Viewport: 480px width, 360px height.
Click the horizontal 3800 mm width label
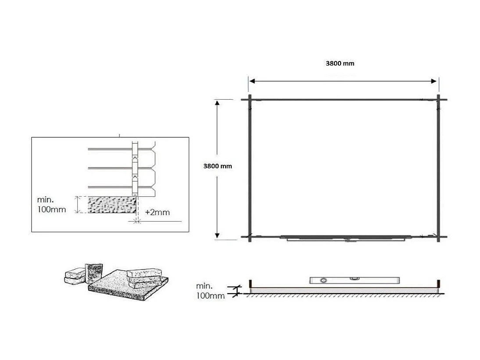pyautogui.click(x=340, y=63)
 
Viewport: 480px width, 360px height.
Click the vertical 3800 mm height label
pyautogui.click(x=217, y=166)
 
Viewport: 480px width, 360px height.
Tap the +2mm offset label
pyautogui.click(x=157, y=212)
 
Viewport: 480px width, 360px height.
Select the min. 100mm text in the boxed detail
pyautogui.click(x=51, y=205)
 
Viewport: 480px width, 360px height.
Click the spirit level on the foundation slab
pyautogui.click(x=354, y=280)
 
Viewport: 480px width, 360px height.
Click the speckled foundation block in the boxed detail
pyautogui.click(x=112, y=205)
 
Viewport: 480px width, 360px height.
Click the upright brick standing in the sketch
pyautogui.click(x=95, y=273)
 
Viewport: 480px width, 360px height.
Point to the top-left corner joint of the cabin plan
pyautogui.click(x=250, y=100)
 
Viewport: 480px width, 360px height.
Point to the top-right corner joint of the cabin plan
pyautogui.click(x=438, y=100)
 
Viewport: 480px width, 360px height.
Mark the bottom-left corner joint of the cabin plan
pyautogui.click(x=250, y=238)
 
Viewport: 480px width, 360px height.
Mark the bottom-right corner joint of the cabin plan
pyautogui.click(x=438, y=238)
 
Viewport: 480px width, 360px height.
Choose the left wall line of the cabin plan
pyautogui.click(x=250, y=169)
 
